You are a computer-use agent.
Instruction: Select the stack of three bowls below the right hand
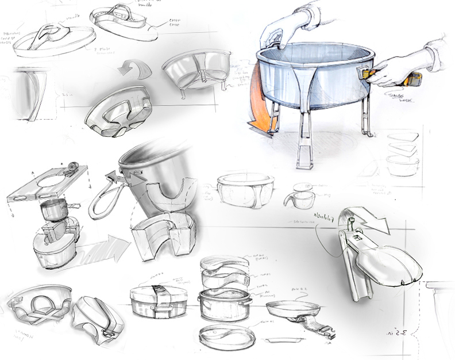pyautogui.click(x=403, y=153)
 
